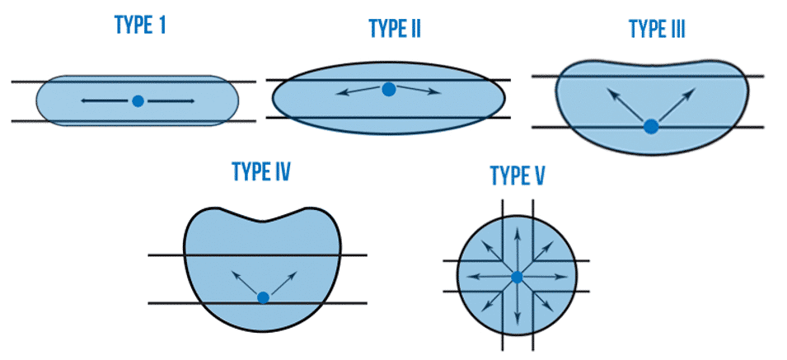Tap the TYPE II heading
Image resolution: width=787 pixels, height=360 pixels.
pos(395,30)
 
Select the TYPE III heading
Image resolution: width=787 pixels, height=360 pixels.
pos(657,30)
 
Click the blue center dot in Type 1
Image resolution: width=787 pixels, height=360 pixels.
pos(138,101)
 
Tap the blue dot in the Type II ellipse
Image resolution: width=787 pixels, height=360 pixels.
pos(389,89)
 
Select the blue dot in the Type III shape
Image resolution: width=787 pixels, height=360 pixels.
pos(651,126)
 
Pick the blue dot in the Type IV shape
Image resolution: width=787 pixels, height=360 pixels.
pos(263,297)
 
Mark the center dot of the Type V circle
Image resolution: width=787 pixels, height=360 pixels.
pos(517,278)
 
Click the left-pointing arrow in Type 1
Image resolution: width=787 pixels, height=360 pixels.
pos(105,101)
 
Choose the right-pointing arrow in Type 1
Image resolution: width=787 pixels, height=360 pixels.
pos(171,101)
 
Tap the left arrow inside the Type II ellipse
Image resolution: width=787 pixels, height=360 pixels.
pos(360,92)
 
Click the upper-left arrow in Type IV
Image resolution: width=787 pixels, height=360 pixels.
pos(246,282)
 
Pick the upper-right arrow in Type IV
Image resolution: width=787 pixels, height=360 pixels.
pos(280,282)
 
